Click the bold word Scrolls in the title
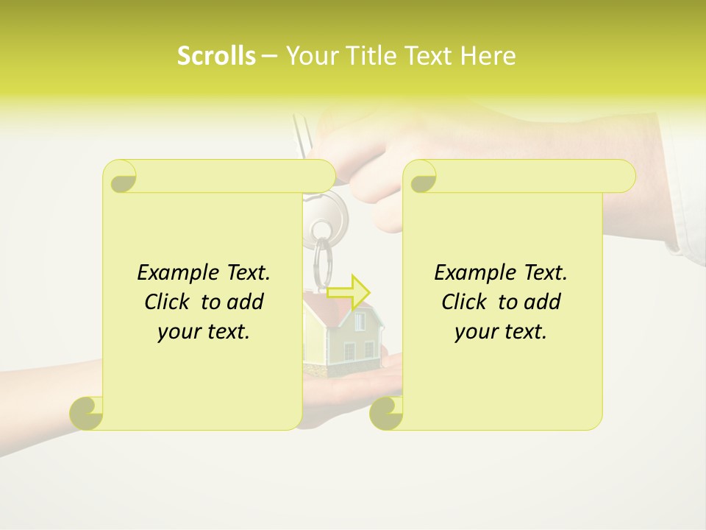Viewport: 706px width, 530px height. coord(216,56)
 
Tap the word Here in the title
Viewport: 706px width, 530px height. coord(488,56)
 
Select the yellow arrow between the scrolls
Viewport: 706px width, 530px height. coord(349,292)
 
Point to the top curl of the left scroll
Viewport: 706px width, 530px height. coord(121,177)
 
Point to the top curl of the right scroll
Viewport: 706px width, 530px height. coord(421,177)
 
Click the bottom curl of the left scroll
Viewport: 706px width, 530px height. coord(87,413)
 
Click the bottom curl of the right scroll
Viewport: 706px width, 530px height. coord(386,413)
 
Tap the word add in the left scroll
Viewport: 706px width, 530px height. coord(246,302)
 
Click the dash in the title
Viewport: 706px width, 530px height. coord(269,57)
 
